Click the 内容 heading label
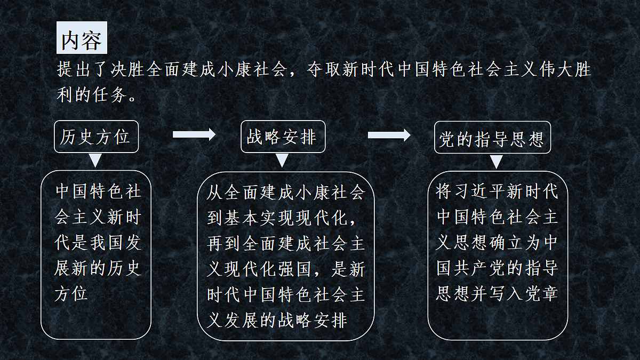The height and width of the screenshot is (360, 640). pos(82,37)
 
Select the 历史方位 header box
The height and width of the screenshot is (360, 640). pos(97,137)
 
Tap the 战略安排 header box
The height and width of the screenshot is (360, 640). pos(283,137)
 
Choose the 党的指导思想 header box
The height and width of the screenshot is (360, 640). pos(492,138)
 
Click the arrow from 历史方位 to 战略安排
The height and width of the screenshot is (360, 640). pos(194,134)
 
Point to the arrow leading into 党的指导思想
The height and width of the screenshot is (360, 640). pos(389,135)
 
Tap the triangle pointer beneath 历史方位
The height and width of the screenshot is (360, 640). pos(95,161)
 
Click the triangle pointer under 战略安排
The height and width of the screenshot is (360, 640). pos(282,161)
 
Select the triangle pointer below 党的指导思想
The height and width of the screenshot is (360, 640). pos(497,162)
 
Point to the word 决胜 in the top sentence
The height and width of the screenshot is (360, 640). pos(127,69)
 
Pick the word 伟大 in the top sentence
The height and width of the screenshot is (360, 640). pos(556,69)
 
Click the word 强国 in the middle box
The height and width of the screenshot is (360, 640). pos(293,269)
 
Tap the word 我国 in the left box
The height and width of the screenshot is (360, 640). pos(106,243)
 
